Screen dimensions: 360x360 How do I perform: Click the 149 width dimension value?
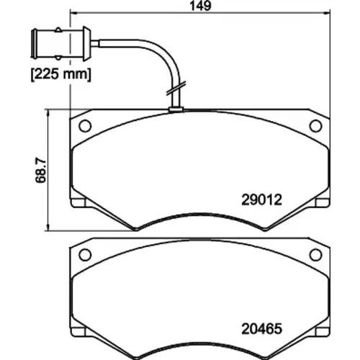click(200, 6)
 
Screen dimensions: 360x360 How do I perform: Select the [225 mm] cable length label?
click(61, 74)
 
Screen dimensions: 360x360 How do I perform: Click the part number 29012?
click(261, 199)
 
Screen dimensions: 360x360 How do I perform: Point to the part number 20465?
click(261, 328)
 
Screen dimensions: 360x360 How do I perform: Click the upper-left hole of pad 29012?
click(85, 126)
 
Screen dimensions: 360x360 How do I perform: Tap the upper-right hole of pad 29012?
click(315, 126)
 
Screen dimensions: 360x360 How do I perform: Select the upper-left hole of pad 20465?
click(85, 255)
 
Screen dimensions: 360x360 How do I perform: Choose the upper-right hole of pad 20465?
click(315, 255)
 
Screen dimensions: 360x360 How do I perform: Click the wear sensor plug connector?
click(61, 44)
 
